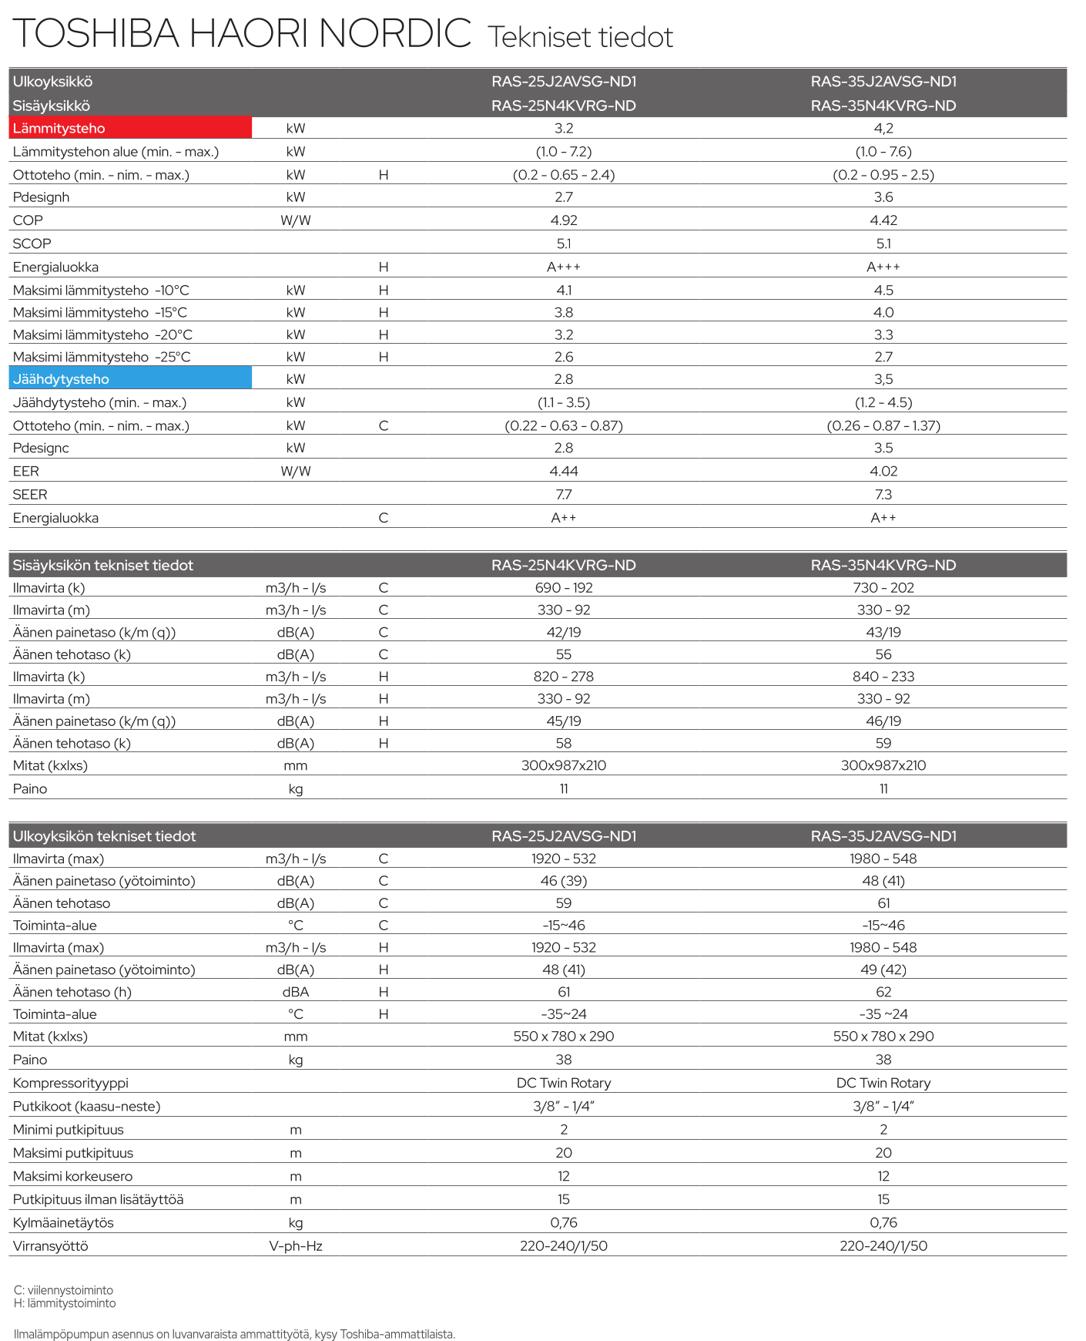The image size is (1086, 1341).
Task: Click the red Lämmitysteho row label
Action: pyautogui.click(x=59, y=129)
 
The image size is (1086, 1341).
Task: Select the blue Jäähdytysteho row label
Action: pyautogui.click(x=61, y=379)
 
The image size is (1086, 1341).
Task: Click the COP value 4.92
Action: pyautogui.click(x=564, y=220)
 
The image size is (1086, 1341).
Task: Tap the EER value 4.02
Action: pyautogui.click(x=883, y=471)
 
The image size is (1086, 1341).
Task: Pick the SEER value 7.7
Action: pyautogui.click(x=564, y=495)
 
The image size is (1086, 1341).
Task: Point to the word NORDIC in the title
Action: pyautogui.click(x=394, y=34)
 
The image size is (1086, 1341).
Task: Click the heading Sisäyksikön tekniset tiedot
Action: pyautogui.click(x=102, y=566)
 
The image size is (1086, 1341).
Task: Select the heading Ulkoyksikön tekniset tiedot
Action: pyautogui.click(x=104, y=836)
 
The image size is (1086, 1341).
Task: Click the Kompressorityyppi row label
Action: pyautogui.click(x=71, y=1083)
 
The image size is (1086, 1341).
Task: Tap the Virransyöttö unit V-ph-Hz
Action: pyautogui.click(x=295, y=1246)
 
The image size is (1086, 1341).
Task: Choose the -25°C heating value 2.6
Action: pyautogui.click(x=564, y=357)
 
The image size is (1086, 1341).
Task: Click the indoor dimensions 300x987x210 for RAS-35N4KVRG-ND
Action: pyautogui.click(x=883, y=765)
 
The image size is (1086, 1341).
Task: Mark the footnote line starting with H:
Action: pyautogui.click(x=65, y=1303)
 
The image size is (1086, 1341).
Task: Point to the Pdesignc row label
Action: pyautogui.click(x=41, y=448)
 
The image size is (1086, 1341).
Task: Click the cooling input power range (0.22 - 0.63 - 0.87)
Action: pyautogui.click(x=564, y=425)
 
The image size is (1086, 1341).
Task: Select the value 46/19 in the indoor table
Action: pyautogui.click(x=883, y=721)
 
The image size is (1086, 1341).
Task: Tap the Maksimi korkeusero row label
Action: pyautogui.click(x=72, y=1176)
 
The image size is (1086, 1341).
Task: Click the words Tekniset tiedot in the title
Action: pyautogui.click(x=580, y=37)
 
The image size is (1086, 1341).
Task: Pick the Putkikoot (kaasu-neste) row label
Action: pyautogui.click(x=86, y=1107)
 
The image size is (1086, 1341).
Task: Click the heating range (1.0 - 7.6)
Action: pyautogui.click(x=883, y=152)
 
